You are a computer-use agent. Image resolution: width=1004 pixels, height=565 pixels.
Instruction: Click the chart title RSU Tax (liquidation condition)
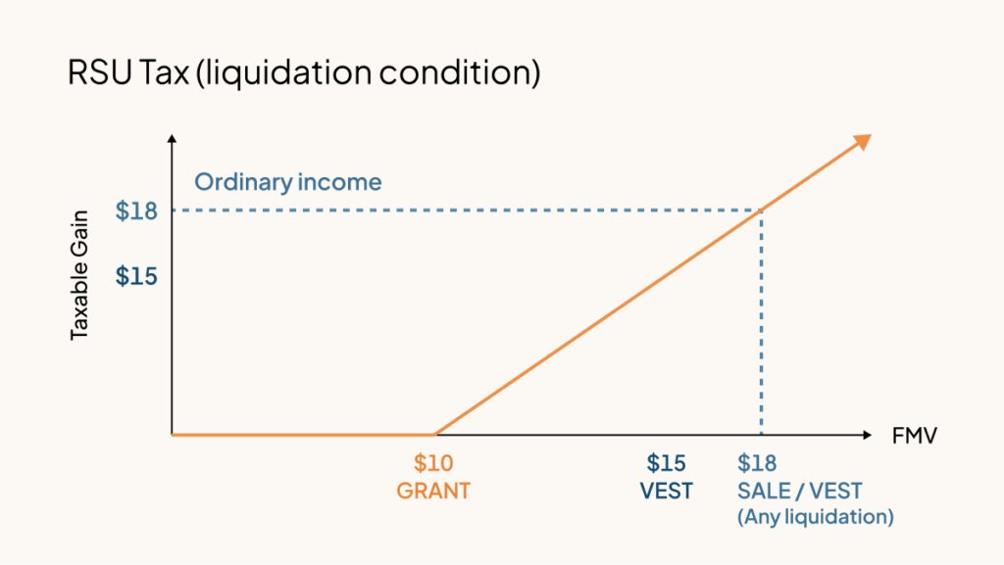point(304,73)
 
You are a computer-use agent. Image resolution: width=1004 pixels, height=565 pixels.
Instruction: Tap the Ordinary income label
point(287,182)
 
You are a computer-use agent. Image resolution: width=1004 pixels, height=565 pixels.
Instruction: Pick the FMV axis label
point(914,437)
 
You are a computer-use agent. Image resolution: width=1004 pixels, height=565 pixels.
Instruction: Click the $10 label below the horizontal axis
point(433,463)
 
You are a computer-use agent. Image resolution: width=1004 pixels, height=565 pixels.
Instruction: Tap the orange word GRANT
point(433,491)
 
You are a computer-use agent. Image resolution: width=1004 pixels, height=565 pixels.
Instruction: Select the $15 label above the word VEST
point(666,463)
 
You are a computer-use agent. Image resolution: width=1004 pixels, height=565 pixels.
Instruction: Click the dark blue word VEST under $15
point(667,491)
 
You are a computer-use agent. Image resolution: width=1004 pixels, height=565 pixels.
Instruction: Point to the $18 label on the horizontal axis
point(757,463)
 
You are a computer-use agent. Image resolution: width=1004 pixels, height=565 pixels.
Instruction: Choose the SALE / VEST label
point(799,491)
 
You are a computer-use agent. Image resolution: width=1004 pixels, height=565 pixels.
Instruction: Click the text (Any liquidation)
point(815,516)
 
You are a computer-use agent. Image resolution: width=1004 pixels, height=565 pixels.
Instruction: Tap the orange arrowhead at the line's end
point(862,141)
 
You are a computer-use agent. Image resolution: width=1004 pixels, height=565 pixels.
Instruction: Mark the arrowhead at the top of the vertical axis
point(173,139)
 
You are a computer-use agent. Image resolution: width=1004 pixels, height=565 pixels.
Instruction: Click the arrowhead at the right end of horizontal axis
point(865,434)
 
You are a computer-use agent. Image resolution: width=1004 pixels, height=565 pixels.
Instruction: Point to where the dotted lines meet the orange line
point(762,210)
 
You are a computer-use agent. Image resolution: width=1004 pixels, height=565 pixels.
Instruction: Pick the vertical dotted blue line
point(762,323)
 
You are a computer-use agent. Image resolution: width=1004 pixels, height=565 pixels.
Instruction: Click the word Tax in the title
point(159,73)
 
